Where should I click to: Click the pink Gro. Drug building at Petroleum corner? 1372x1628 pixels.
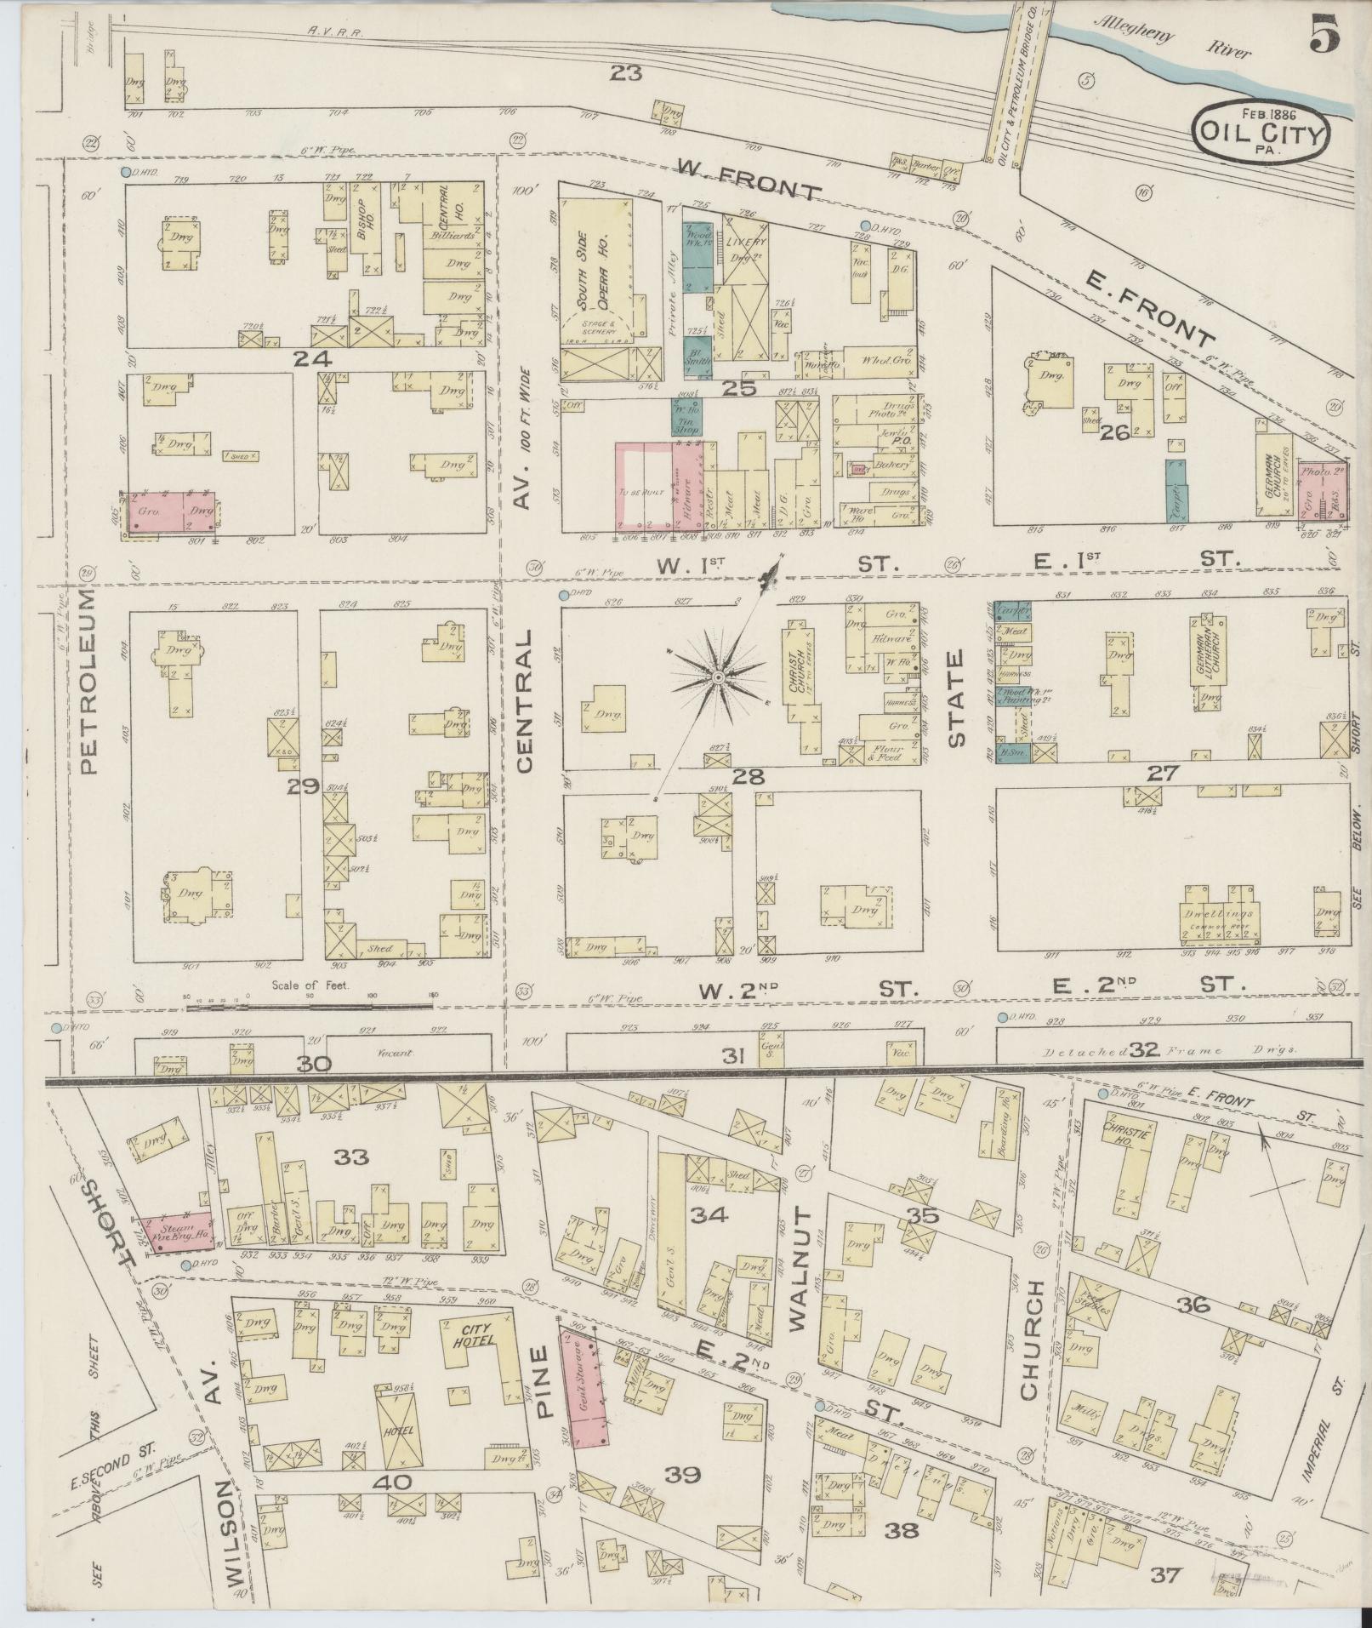[173, 514]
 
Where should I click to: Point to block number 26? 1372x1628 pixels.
[1113, 433]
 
